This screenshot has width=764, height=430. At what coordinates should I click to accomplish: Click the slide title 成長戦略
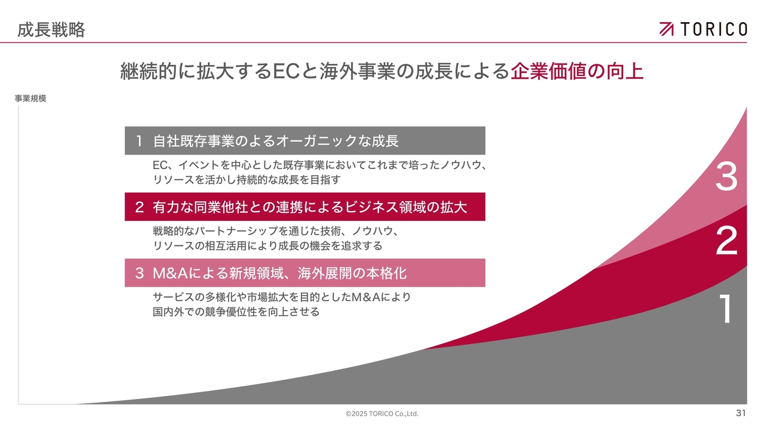click(51, 30)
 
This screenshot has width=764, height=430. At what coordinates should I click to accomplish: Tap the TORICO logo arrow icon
click(667, 29)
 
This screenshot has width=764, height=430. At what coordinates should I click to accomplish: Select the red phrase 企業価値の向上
click(577, 71)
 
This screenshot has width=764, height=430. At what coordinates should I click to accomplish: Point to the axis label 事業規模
click(30, 99)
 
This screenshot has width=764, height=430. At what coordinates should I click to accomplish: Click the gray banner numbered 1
click(305, 140)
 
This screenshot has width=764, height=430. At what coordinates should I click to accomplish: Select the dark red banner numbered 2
click(305, 207)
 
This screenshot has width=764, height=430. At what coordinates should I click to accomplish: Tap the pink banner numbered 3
click(305, 273)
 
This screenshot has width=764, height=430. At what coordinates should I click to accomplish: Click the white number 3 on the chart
click(726, 176)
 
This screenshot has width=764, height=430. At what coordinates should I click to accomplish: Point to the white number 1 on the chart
click(726, 309)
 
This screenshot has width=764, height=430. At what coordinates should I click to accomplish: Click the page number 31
click(741, 413)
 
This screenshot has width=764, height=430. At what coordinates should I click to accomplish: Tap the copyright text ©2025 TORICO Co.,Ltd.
click(382, 414)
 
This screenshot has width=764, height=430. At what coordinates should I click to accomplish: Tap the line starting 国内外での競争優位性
click(236, 312)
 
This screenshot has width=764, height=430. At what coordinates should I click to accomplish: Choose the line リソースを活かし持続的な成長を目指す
click(247, 180)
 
